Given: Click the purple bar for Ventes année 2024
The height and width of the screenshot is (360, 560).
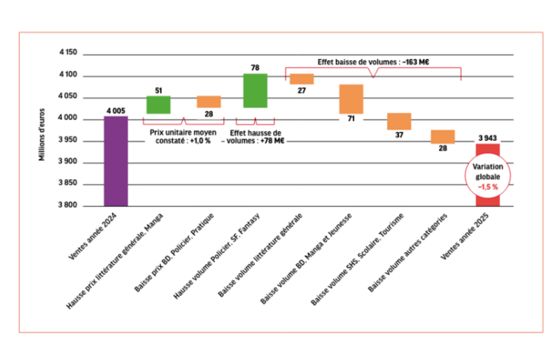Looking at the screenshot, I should (x=116, y=161).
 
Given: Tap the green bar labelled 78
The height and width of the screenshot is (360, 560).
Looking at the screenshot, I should (x=255, y=90).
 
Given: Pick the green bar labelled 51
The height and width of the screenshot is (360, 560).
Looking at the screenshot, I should (x=157, y=104).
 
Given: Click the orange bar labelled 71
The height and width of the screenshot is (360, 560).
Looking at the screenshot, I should (x=350, y=99).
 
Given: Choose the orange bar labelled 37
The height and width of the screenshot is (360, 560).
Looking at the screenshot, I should (x=399, y=121).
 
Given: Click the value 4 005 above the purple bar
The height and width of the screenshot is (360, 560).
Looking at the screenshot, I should (x=116, y=110).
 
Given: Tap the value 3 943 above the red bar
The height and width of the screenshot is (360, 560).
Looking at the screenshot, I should (x=488, y=138).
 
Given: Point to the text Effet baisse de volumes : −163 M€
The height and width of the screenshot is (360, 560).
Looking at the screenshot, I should (x=375, y=62).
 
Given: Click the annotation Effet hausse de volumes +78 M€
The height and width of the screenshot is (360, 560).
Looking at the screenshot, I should (x=255, y=138).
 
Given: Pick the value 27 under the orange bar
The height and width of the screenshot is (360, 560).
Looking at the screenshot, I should (x=302, y=90).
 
